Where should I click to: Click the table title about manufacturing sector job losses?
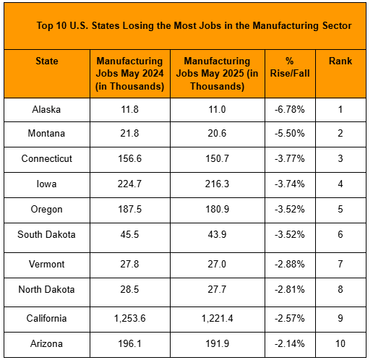click(x=194, y=25)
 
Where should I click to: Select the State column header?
click(x=47, y=61)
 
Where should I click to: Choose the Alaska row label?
click(x=47, y=110)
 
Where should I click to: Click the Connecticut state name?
click(x=47, y=159)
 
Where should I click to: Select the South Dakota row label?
click(x=47, y=234)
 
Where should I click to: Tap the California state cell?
click(x=47, y=317)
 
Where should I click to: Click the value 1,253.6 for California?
click(x=129, y=317)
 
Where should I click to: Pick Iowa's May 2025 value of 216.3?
click(x=218, y=184)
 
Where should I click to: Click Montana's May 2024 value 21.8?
click(x=129, y=134)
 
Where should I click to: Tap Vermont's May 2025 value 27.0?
click(x=218, y=264)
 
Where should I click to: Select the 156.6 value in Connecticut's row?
click(x=129, y=159)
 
